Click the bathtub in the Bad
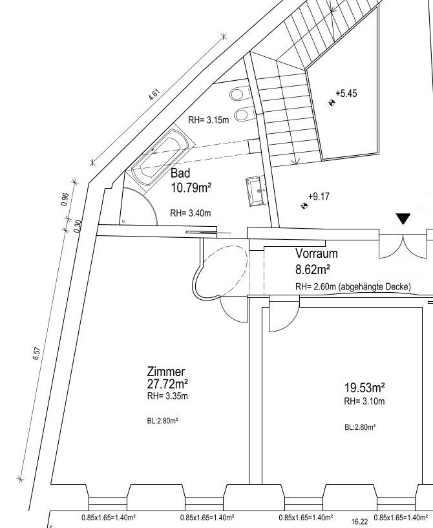[163, 157]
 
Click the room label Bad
[180, 173]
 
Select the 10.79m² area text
[191, 187]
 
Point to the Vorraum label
[317, 253]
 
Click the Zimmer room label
[166, 372]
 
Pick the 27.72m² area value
[167, 383]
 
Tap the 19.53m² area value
[364, 388]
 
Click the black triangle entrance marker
[403, 218]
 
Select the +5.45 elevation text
[346, 93]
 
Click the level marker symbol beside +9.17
[304, 206]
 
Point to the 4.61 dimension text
[154, 94]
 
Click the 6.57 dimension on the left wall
[37, 354]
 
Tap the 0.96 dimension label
[66, 198]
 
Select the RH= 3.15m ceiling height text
[208, 120]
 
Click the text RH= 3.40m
[191, 213]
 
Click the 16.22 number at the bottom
[359, 522]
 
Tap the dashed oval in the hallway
[220, 270]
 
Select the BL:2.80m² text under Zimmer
[163, 421]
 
